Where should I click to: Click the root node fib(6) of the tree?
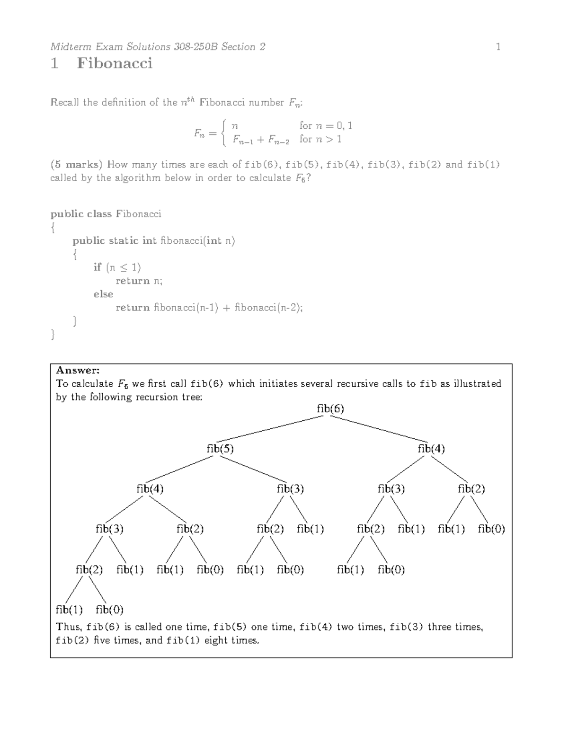pyautogui.click(x=330, y=408)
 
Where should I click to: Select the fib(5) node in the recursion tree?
pyautogui.click(x=220, y=449)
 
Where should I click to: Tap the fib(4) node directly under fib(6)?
pyautogui.click(x=431, y=449)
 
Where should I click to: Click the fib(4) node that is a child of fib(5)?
pyautogui.click(x=150, y=489)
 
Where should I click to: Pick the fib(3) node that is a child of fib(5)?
pyautogui.click(x=290, y=489)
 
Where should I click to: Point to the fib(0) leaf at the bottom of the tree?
pyautogui.click(x=109, y=610)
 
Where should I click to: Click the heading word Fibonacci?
pyautogui.click(x=115, y=63)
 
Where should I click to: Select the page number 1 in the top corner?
pyautogui.click(x=498, y=46)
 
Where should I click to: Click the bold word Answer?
pyautogui.click(x=78, y=370)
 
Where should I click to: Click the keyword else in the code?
pyautogui.click(x=103, y=294)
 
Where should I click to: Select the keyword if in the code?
pyautogui.click(x=98, y=267)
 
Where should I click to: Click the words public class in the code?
pyautogui.click(x=81, y=214)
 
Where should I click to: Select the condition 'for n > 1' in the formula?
pyautogui.click(x=320, y=139)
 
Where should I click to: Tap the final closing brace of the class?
pyautogui.click(x=53, y=335)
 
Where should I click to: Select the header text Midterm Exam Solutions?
pyautogui.click(x=110, y=46)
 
